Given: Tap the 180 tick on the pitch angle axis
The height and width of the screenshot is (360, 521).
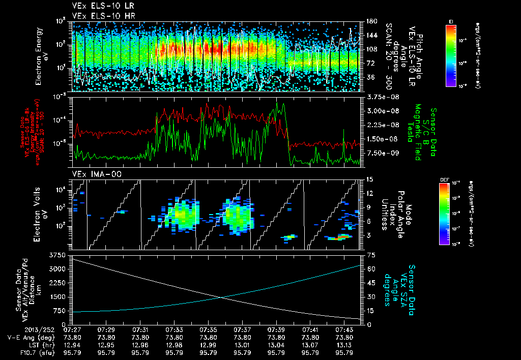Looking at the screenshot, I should coord(370,21).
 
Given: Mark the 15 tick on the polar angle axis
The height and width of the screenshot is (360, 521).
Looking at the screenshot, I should coord(368,179).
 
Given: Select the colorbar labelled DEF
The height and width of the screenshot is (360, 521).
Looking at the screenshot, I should coord(444,214).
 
